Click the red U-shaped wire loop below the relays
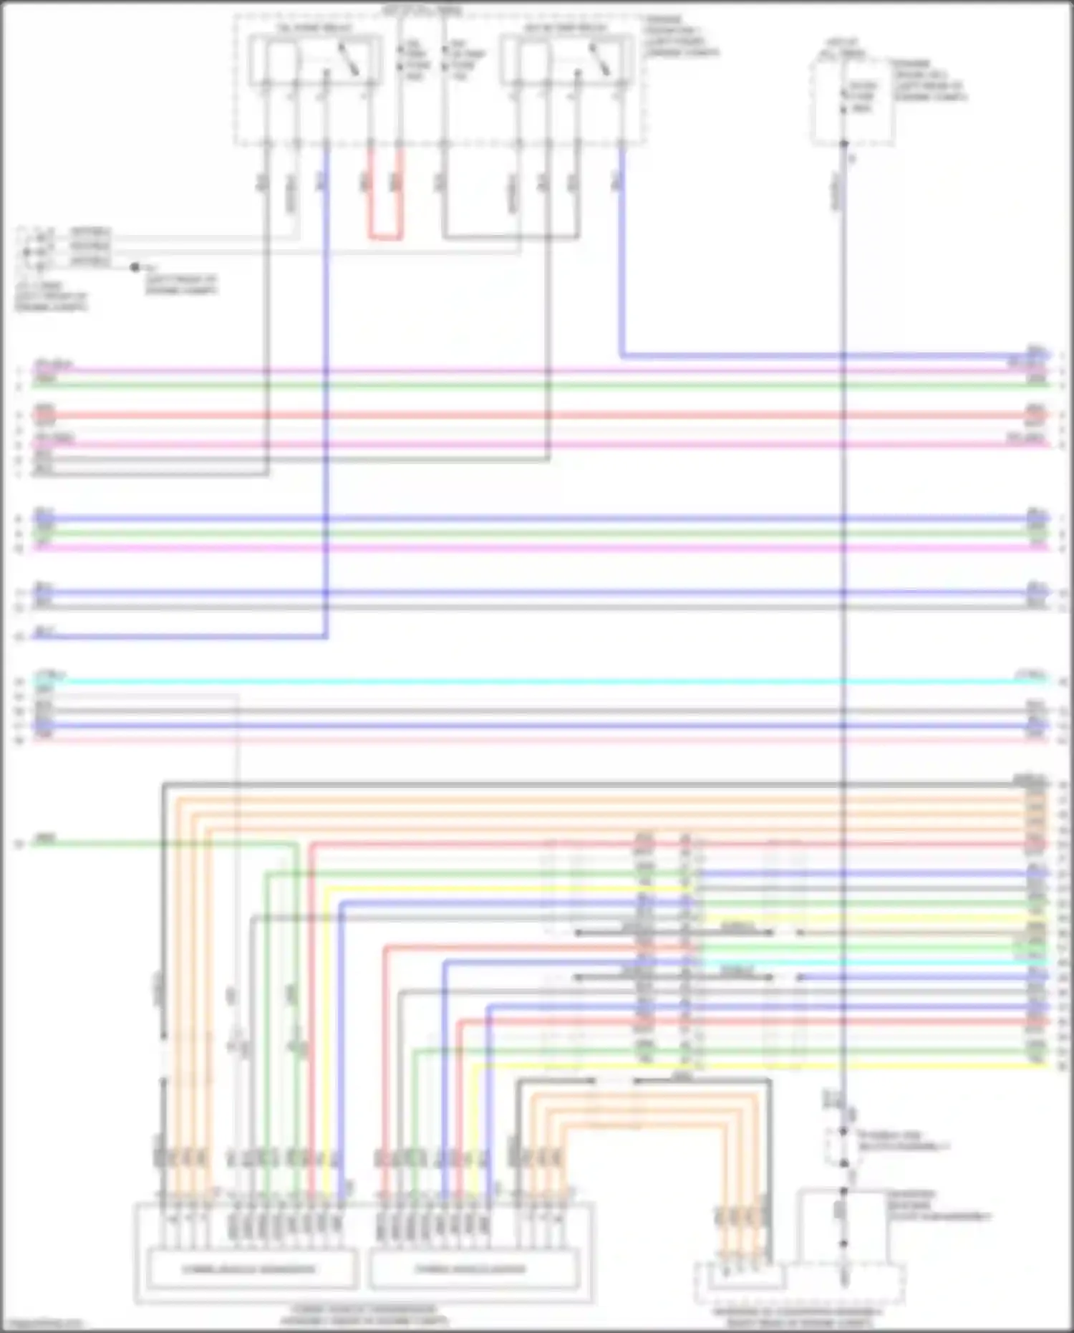[386, 236]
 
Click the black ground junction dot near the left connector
[135, 267]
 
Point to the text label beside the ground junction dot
[180, 284]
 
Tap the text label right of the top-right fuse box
[928, 80]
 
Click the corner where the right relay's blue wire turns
[621, 355]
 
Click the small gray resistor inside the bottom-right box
[843, 1211]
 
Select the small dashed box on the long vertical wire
[843, 1146]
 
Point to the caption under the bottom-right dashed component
[798, 1317]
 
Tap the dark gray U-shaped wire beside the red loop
[511, 236]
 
